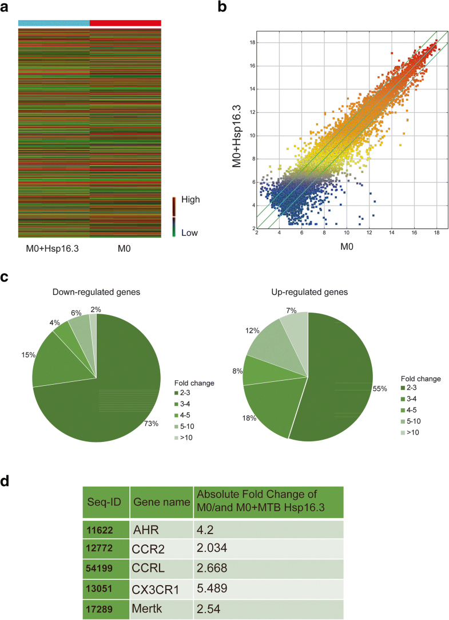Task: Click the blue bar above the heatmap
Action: pyautogui.click(x=54, y=23)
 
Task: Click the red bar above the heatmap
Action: pyautogui.click(x=125, y=23)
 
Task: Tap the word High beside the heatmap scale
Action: pyautogui.click(x=191, y=200)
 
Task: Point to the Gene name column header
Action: pyautogui.click(x=161, y=502)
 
